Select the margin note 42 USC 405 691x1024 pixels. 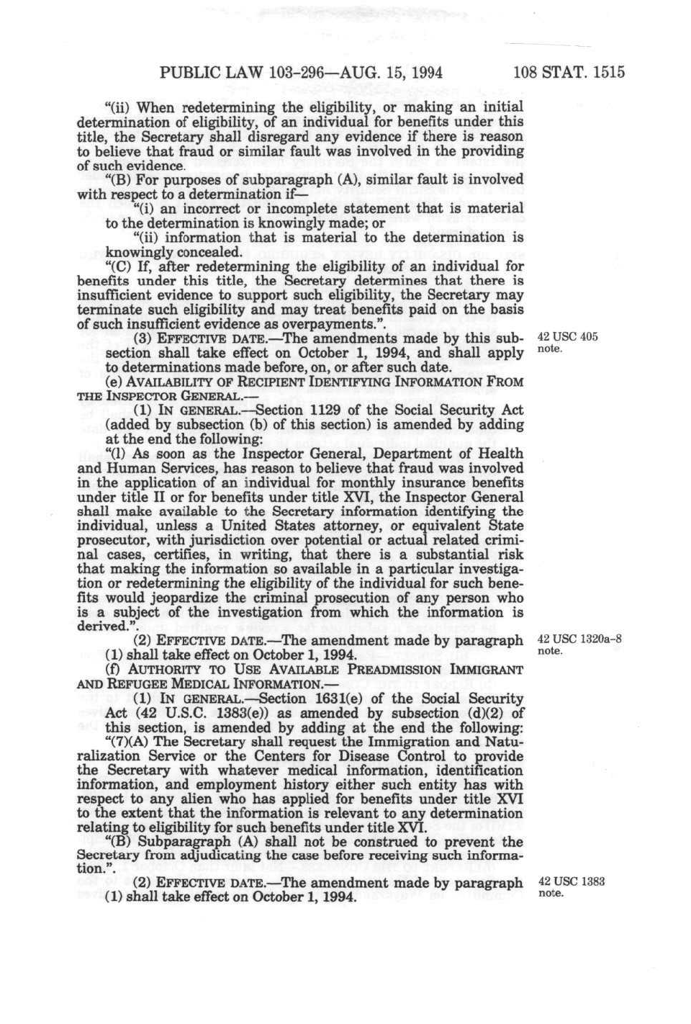[x=567, y=337]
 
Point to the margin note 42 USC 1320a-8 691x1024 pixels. [x=579, y=639]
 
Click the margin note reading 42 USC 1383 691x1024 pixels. [x=571, y=881]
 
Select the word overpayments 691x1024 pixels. [x=324, y=324]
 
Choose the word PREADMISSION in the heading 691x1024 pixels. [x=396, y=670]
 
